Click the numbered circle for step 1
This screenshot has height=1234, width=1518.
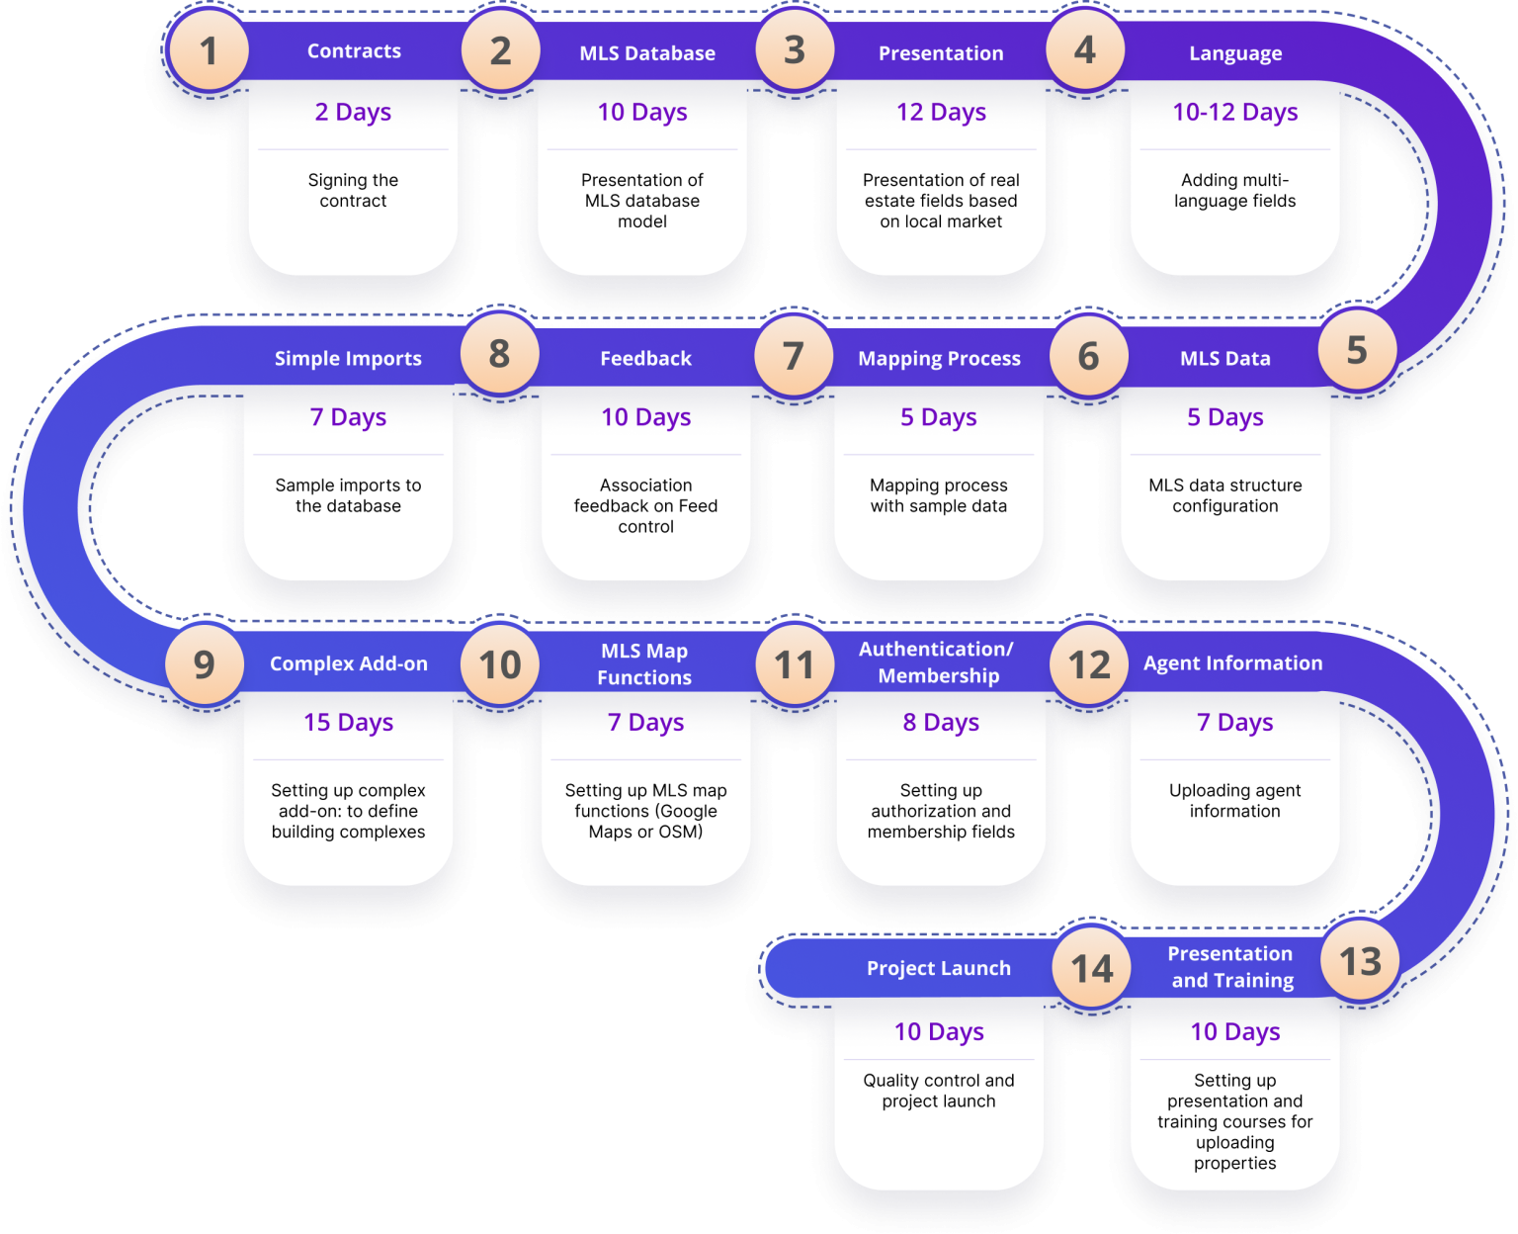pos(209,50)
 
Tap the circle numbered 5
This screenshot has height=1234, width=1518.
pos(1357,350)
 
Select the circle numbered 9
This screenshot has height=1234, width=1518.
pos(205,664)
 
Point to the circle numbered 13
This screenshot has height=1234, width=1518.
pos(1360,961)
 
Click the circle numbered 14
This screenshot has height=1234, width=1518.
pos(1092,969)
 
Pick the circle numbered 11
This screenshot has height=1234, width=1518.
pos(795,664)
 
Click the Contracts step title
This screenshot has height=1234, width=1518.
pos(354,51)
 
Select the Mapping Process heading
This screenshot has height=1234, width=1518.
pos(939,359)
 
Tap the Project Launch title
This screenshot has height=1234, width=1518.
pos(938,969)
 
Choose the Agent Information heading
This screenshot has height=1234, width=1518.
pos(1232,663)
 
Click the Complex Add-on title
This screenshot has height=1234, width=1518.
pos(349,663)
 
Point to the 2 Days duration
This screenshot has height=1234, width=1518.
pos(353,113)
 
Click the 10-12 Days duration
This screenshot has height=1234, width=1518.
pos(1235,113)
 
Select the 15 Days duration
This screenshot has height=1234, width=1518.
pos(348,723)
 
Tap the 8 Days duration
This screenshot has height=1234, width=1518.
pos(941,723)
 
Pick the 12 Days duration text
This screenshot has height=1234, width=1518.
pos(941,113)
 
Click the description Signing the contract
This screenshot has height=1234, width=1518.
pos(353,191)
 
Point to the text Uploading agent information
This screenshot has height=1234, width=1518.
pos(1234,801)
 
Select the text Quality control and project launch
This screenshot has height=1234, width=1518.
pos(938,1091)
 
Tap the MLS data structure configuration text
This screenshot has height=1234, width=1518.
pos(1224,495)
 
